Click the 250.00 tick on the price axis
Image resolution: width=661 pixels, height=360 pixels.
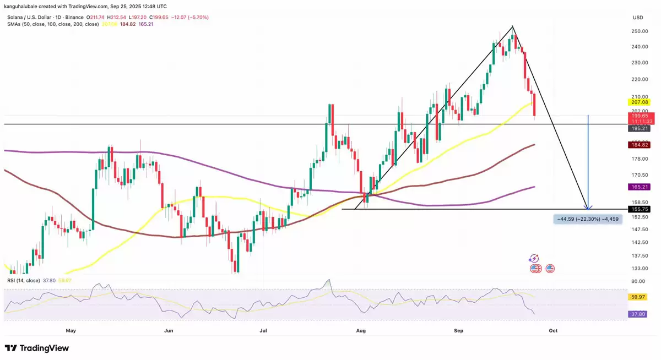point(639,31)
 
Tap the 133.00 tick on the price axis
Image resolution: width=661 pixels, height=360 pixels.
point(639,269)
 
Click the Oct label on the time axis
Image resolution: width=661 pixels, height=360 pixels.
point(553,331)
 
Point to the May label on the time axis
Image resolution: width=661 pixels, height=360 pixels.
point(70,331)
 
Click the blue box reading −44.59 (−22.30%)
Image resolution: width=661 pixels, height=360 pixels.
point(588,219)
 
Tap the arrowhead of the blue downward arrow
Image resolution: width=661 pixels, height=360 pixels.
point(589,208)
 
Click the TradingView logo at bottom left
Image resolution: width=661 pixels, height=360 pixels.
point(37,348)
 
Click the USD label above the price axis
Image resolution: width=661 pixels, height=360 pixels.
point(638,18)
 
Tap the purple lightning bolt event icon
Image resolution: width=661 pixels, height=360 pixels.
point(533,258)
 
